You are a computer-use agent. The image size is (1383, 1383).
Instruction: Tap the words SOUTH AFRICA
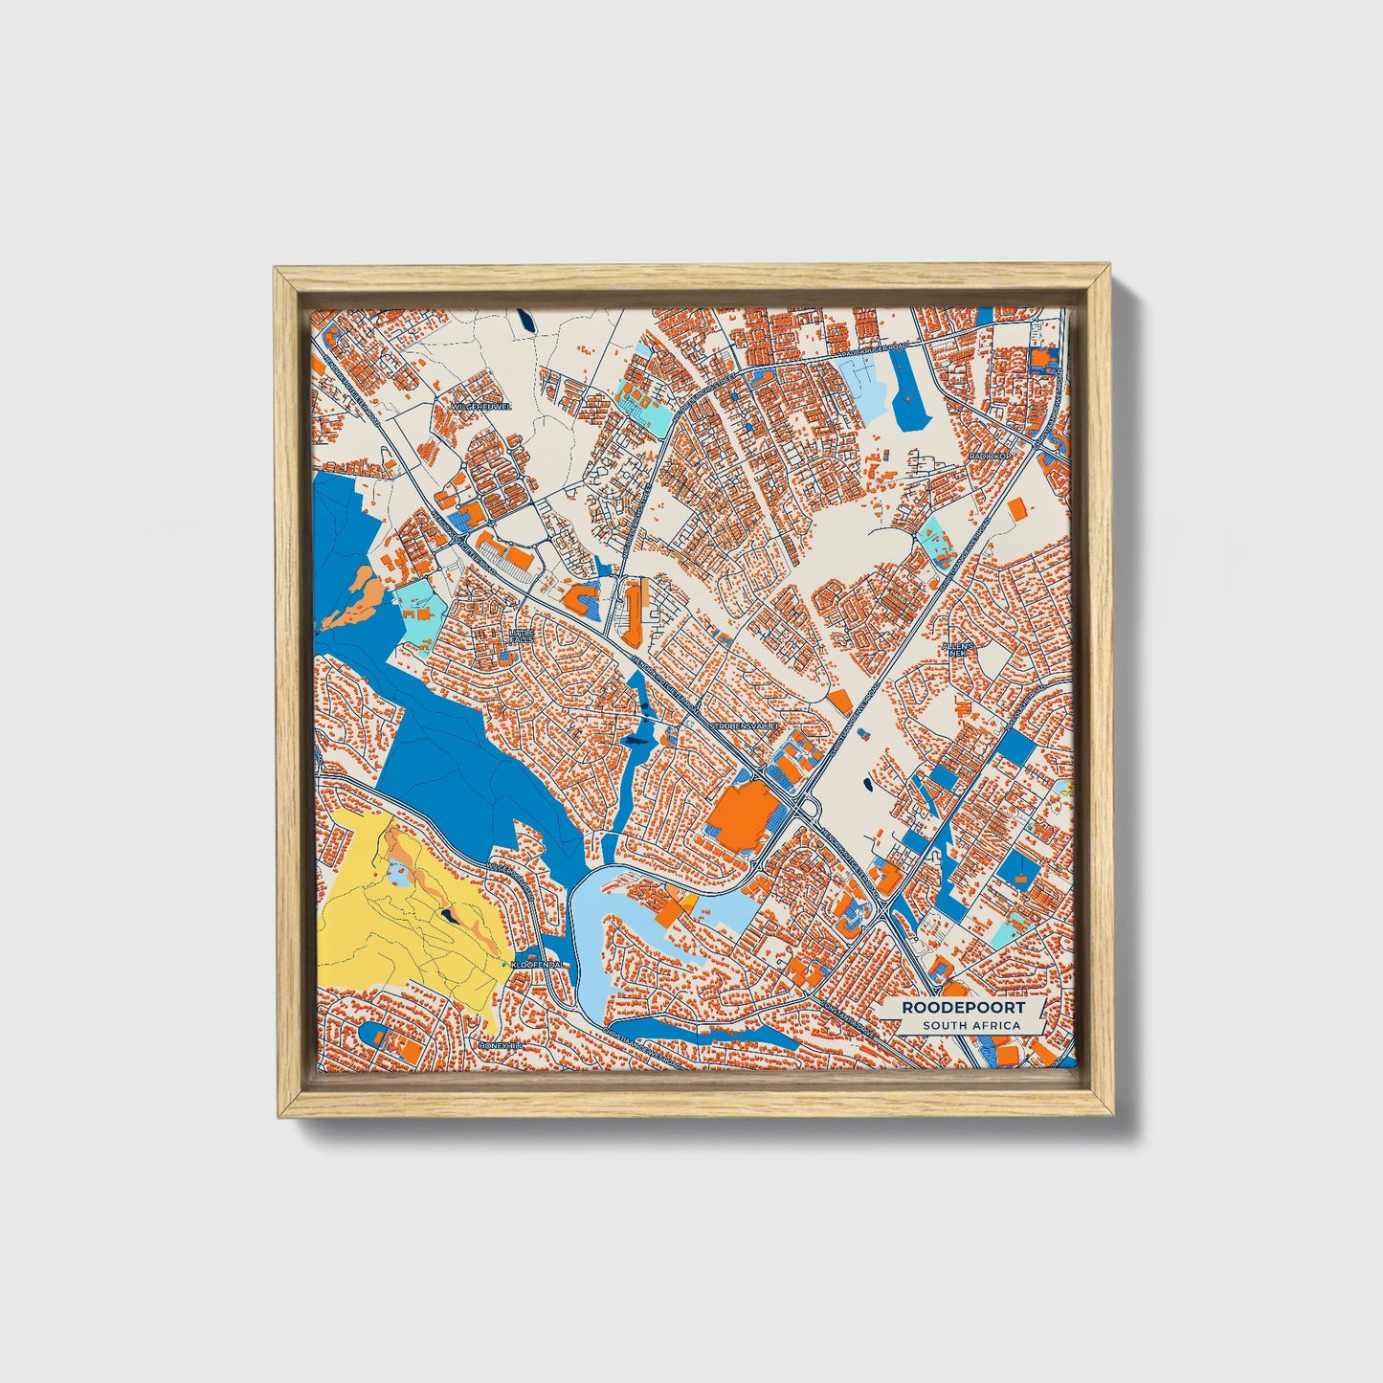coord(970,1026)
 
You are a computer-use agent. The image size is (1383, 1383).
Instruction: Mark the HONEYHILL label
coord(503,1046)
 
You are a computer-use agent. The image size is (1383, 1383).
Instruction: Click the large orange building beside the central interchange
coord(743,815)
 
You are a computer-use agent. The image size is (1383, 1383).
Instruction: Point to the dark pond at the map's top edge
coord(524,322)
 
